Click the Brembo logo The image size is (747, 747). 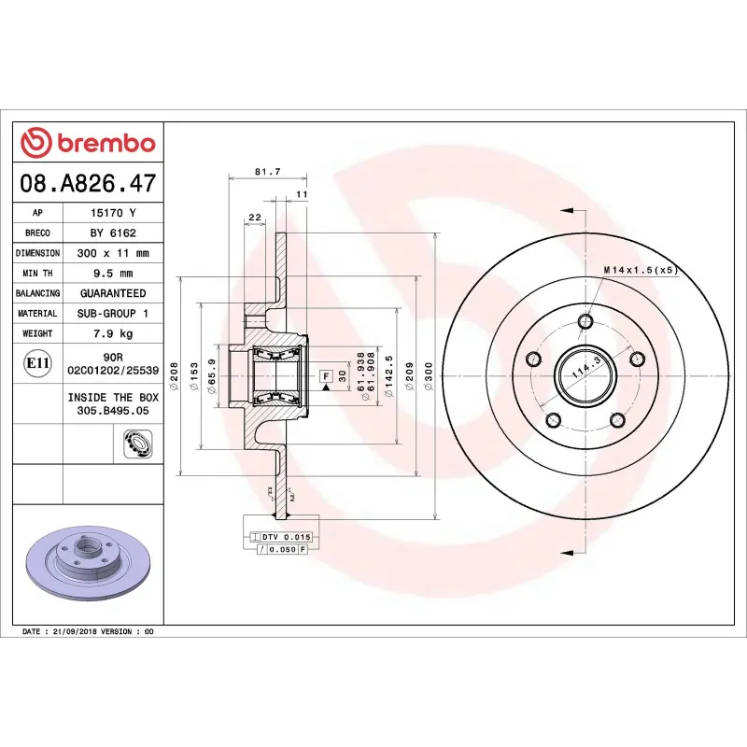pyautogui.click(x=88, y=142)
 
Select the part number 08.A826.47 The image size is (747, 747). pyautogui.click(x=88, y=183)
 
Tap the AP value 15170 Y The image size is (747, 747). pyautogui.click(x=113, y=213)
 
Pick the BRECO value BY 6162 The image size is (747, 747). pyautogui.click(x=113, y=233)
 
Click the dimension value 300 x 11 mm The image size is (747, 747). pyautogui.click(x=113, y=253)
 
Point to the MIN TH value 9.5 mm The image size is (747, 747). pyautogui.click(x=113, y=274)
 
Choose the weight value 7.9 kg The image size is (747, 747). pyautogui.click(x=113, y=333)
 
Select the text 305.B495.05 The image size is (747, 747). pyautogui.click(x=113, y=409)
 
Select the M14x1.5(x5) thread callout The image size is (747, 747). pyautogui.click(x=639, y=270)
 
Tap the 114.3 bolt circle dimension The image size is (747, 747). pyautogui.click(x=585, y=372)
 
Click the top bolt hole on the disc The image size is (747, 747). pyautogui.click(x=585, y=323)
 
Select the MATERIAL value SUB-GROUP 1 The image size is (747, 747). pyautogui.click(x=113, y=314)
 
